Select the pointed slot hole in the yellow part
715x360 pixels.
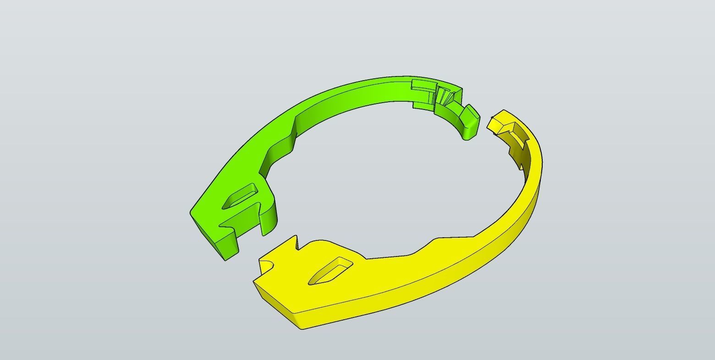point(330,271)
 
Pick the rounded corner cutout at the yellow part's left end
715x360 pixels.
point(265,264)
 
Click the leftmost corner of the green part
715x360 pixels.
point(191,213)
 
